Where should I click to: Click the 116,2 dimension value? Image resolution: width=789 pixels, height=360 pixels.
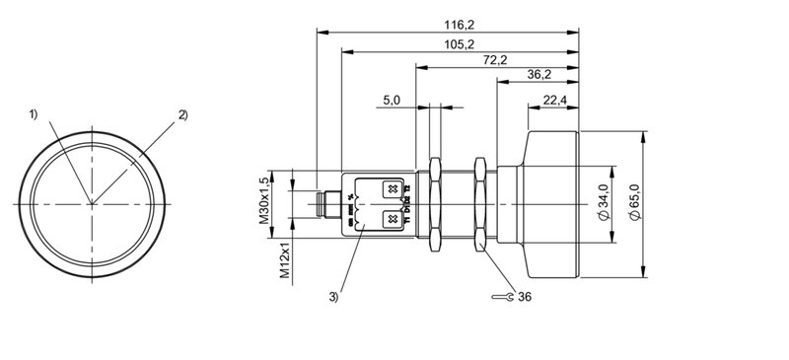[x=447, y=23]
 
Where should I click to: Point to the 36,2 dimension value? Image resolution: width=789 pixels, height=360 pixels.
[x=538, y=75]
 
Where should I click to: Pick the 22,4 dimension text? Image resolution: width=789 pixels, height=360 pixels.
[x=553, y=100]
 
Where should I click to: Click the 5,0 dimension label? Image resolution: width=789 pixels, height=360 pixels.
[x=391, y=100]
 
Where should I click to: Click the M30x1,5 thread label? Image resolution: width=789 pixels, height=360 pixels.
[x=264, y=201]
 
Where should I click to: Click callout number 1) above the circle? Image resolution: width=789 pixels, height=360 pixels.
[x=34, y=114]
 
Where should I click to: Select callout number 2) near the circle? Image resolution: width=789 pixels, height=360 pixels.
[x=182, y=114]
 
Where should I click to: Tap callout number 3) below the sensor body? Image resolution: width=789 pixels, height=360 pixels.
[x=334, y=295]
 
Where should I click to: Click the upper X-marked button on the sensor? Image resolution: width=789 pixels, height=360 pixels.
[x=392, y=188]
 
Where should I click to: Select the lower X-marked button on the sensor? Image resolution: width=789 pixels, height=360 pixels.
[x=392, y=218]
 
